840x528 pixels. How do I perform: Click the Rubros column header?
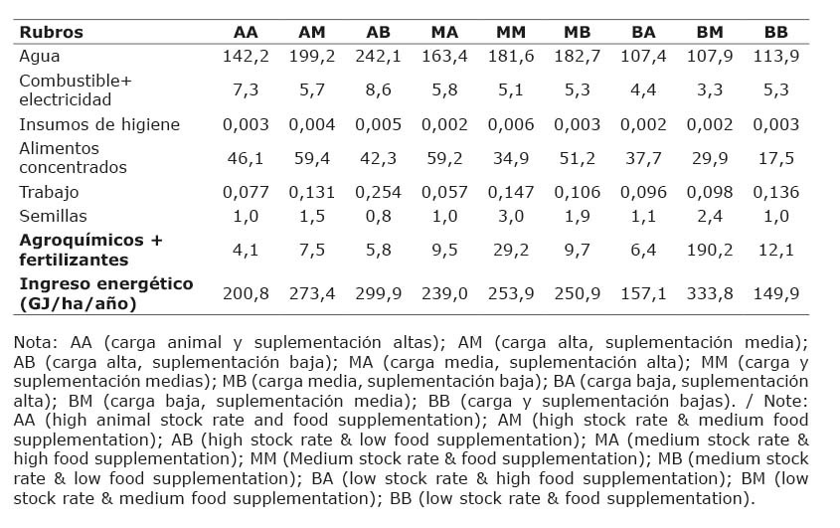[51, 32]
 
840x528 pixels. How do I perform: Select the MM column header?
[511, 32]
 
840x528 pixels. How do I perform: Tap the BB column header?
[775, 32]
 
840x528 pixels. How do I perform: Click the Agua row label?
[40, 57]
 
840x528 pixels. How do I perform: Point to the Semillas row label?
[53, 216]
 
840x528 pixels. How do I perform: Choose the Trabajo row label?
[49, 192]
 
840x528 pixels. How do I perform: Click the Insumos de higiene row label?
[99, 124]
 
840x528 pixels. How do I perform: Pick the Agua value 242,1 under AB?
[378, 57]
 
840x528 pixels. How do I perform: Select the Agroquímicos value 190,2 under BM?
[710, 250]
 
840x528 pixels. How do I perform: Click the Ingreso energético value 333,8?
[710, 293]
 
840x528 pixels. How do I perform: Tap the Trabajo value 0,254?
[378, 192]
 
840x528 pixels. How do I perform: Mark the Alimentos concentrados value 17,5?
[775, 158]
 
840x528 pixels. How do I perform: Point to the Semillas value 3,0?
[511, 216]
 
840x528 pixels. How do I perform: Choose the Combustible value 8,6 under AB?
[378, 89]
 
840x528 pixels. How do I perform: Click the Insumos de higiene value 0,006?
[511, 124]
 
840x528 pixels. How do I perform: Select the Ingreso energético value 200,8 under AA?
[246, 293]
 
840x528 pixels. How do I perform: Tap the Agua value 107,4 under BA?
[643, 57]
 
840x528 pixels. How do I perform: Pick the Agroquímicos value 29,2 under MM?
[511, 250]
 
